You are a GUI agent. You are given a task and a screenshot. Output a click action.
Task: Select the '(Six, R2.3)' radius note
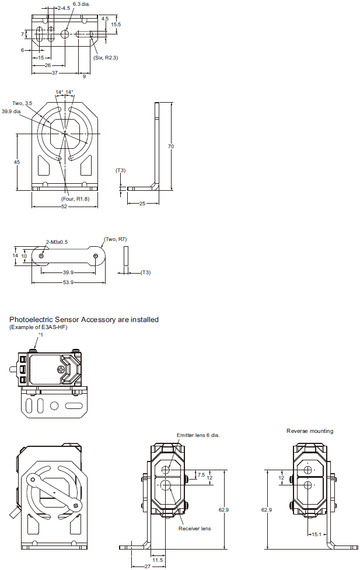105,57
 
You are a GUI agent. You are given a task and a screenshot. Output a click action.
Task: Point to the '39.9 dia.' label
12,111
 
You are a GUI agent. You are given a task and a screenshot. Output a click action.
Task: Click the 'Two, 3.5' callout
22,103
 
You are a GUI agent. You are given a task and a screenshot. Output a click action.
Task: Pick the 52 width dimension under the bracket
64,206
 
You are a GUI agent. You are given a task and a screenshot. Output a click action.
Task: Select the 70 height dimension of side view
171,146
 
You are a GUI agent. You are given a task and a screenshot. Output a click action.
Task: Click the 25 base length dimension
142,203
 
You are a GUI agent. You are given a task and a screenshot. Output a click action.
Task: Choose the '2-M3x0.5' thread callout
57,242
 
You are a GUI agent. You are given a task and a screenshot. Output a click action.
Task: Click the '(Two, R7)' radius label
115,239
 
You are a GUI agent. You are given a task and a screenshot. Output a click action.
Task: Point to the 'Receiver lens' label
194,529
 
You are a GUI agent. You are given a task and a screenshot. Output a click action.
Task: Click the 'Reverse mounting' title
310,431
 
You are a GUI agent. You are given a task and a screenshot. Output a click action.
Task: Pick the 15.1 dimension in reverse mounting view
316,534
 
